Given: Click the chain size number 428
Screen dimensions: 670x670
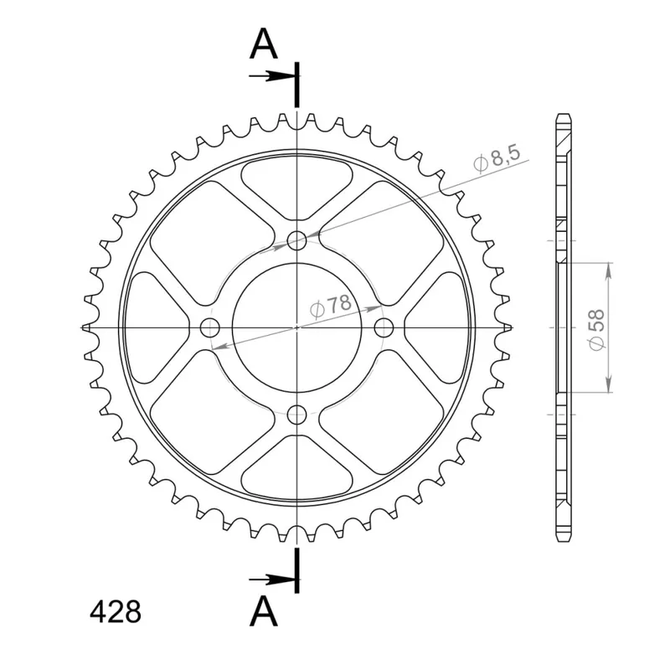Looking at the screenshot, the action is coord(116,612).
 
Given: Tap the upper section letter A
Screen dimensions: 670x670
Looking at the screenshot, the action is coord(264,44).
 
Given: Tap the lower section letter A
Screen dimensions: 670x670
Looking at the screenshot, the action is coord(264,611).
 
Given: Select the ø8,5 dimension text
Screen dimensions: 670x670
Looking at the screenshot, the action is coord(497,158).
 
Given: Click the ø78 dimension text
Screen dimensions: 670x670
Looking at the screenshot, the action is coord(331,306).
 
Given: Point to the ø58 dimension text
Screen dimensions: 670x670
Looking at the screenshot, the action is coord(597,329).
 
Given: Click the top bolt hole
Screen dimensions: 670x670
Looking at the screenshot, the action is coord(297,241).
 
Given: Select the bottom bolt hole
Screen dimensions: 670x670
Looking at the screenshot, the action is coord(297,414).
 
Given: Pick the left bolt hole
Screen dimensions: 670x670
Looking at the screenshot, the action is coord(210,327).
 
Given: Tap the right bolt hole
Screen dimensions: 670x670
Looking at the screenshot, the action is coord(384,327).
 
